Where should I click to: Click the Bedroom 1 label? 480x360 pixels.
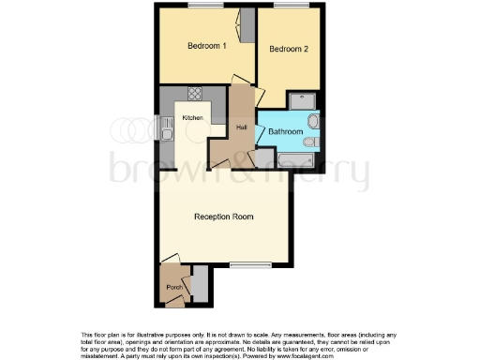(206, 46)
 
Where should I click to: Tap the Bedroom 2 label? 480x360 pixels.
(289, 49)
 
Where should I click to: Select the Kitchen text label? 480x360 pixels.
(193, 117)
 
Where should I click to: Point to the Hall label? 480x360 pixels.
(241, 127)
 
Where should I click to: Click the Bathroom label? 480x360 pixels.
(285, 132)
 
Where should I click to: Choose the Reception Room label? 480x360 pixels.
(224, 217)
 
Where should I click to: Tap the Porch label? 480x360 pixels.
(173, 287)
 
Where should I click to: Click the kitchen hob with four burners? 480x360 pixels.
(196, 93)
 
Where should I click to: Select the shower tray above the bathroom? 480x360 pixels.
(303, 100)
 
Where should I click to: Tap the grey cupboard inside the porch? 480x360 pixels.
(200, 281)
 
